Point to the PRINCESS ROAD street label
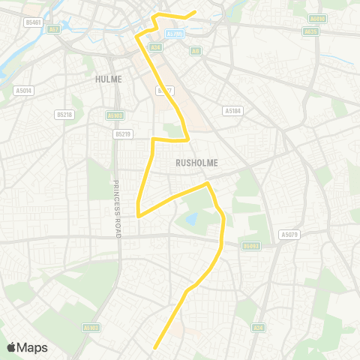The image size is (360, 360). point(116,209)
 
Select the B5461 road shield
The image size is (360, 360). point(32,22)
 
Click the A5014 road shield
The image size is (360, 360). point(22,91)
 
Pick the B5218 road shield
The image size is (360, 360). point(64,115)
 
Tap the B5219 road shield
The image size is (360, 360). point(123,133)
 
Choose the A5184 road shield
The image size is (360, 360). point(233,111)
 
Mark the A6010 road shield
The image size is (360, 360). point(319,18)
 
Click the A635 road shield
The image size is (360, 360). point(310,31)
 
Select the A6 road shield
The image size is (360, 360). point(196,52)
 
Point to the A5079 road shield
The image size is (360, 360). point(289,235)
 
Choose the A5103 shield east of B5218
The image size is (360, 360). point(114,115)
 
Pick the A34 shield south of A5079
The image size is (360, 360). point(259,327)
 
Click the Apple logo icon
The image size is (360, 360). point(11,347)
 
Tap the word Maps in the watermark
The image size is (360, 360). point(32,347)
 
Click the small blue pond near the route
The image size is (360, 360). point(191,218)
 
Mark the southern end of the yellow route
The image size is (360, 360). point(154,348)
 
